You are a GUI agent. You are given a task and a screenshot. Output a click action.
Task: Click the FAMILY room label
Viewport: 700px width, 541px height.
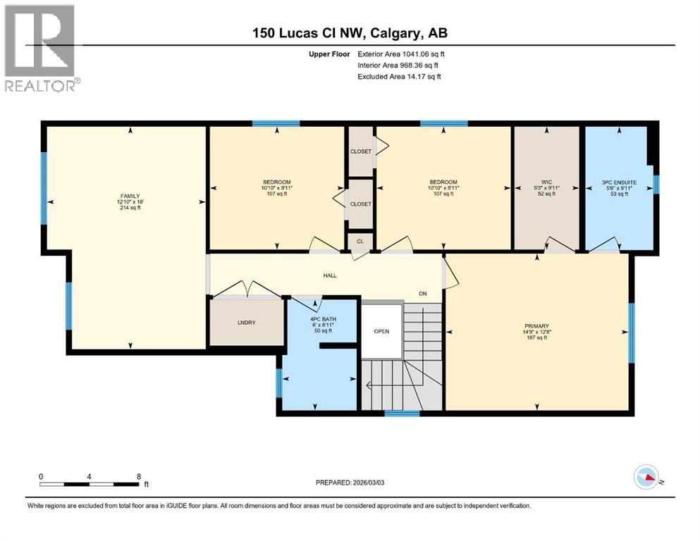[129, 195]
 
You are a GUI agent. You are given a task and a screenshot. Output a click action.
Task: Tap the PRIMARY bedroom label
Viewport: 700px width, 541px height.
[536, 325]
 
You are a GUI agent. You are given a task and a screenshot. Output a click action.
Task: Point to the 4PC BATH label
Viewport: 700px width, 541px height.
[324, 318]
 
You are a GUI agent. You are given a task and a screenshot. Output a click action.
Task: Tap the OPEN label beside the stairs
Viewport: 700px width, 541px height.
[381, 331]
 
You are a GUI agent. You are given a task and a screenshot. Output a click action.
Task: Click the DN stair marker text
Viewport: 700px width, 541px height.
[423, 294]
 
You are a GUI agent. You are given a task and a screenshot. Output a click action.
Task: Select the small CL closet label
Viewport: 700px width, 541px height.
[360, 242]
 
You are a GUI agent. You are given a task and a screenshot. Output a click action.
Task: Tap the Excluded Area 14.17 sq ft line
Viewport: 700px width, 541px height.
[399, 76]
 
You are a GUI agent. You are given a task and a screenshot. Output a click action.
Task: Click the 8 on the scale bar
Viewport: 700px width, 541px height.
[138, 476]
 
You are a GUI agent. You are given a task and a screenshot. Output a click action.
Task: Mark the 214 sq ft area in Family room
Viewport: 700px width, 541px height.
[129, 209]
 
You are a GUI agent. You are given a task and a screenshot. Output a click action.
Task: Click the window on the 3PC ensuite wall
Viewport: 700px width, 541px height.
[656, 185]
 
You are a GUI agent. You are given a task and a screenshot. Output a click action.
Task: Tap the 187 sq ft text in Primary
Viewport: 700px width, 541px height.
[536, 338]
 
